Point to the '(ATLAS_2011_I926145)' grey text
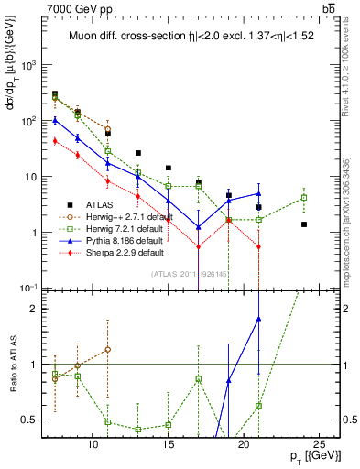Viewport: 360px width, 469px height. (191, 273)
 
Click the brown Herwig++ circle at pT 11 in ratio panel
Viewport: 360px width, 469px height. (108, 349)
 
